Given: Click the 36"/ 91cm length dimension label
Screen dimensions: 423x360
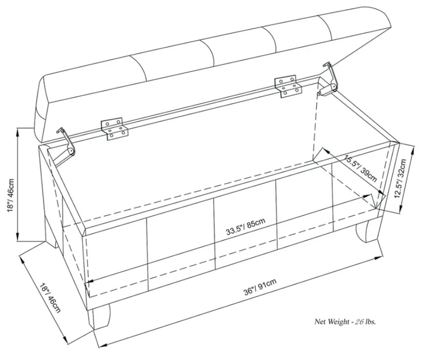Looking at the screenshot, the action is (260, 287).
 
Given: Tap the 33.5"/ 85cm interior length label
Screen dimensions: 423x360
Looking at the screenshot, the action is (245, 226).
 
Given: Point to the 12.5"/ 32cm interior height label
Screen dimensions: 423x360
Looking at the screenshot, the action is (400, 179).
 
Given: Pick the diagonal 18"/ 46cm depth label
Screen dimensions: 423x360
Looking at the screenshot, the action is (50, 298).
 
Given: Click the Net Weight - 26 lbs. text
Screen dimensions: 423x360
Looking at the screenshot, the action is (345, 322).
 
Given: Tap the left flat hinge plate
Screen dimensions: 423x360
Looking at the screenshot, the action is (114, 129).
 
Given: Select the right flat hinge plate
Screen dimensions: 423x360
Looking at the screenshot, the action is (288, 86).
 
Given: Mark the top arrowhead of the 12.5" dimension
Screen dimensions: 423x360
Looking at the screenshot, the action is (413, 150).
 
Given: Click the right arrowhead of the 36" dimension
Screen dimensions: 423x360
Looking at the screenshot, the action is (378, 258).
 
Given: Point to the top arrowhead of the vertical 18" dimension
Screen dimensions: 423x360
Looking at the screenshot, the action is (18, 132).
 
